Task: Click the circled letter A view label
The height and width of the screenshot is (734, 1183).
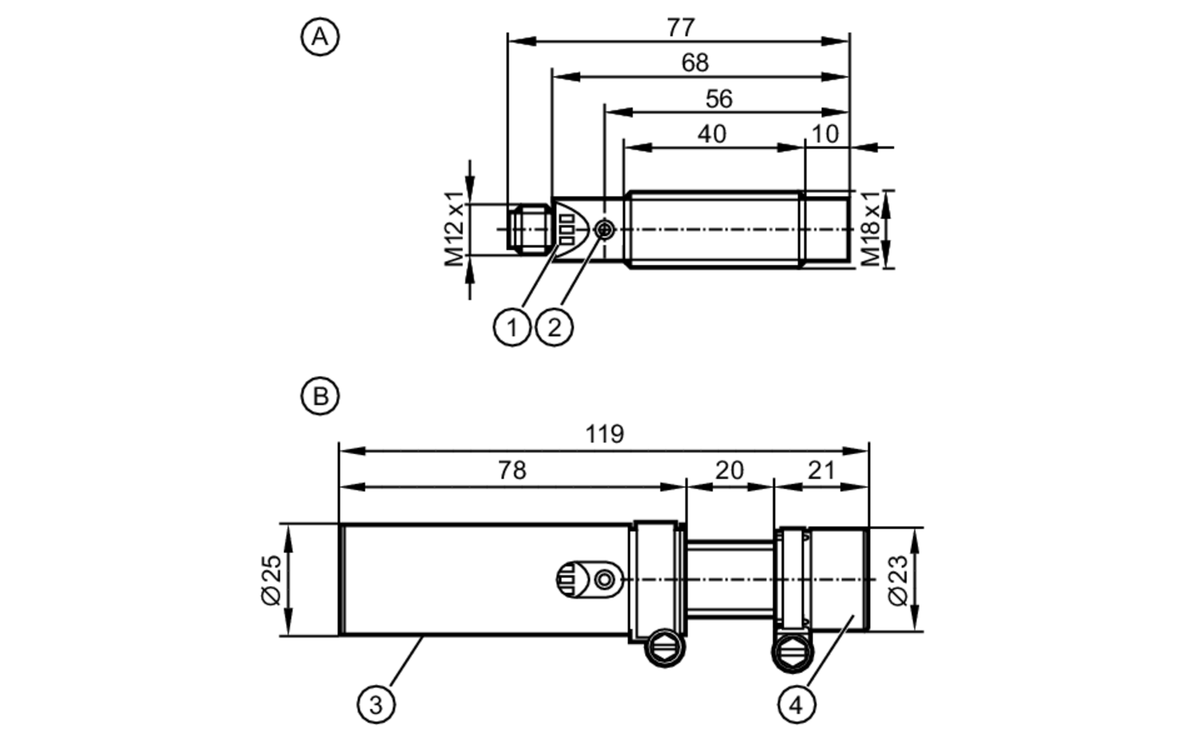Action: pos(320,37)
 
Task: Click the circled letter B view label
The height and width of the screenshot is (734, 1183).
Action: pos(320,396)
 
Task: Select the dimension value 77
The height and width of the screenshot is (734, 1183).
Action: pos(680,28)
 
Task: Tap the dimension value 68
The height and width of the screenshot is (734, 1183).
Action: pos(694,63)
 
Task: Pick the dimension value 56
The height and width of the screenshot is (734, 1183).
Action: pos(719,99)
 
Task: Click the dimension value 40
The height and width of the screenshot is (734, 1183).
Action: pos(712,134)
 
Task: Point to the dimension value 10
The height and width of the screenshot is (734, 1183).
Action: pos(825,134)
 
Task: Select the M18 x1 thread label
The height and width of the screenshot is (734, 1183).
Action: pos(871,229)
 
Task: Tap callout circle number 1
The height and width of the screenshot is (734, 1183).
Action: pos(512,327)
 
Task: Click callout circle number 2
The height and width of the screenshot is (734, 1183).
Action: pos(554,327)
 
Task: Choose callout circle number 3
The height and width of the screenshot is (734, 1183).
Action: pos(376,704)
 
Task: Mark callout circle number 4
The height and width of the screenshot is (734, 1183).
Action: pos(796,704)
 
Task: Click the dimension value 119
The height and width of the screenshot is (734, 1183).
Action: pos(605,434)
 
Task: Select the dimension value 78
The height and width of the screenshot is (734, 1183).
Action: pos(512,470)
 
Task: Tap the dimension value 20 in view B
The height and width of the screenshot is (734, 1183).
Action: pos(729,470)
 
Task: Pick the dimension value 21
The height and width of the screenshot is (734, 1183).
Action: pos(821,470)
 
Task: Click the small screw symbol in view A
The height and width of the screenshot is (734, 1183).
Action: pos(604,229)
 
